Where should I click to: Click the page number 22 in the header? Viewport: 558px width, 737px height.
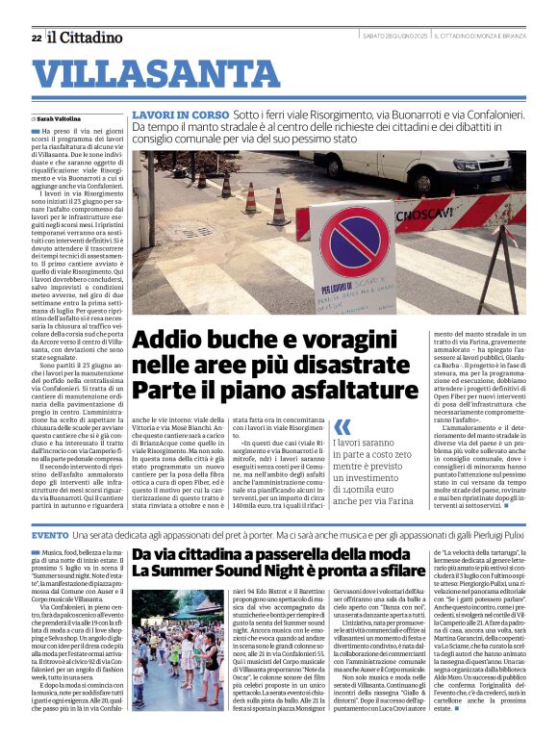click(36, 38)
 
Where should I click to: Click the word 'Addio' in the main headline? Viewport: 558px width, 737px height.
click(171, 341)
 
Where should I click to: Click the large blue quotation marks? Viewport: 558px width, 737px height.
click(343, 426)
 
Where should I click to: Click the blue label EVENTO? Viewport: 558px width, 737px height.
click(50, 534)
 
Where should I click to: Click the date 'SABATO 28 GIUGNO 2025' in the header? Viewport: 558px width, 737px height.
click(394, 37)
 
